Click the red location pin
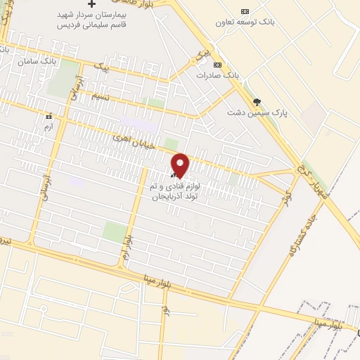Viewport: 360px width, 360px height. coord(180,166)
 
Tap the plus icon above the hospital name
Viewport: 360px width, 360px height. coord(91,4)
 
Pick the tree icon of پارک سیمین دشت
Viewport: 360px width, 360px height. coord(257,102)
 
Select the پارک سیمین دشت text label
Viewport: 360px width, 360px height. coord(259,112)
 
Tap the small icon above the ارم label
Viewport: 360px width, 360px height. coord(49,117)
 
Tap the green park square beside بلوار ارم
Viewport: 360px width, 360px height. coord(114,231)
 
